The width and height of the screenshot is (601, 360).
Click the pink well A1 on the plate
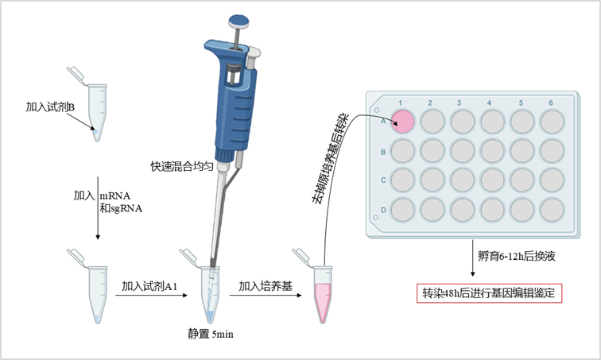coord(403,121)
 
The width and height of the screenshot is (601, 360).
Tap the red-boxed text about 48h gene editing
coord(491,292)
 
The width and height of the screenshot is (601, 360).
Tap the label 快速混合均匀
coord(183,167)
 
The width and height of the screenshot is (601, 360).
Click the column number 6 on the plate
coord(551,103)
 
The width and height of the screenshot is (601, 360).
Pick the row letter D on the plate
coord(383,209)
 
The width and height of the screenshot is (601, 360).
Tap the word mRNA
coord(115,195)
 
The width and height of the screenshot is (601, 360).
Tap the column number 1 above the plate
coord(401,103)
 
